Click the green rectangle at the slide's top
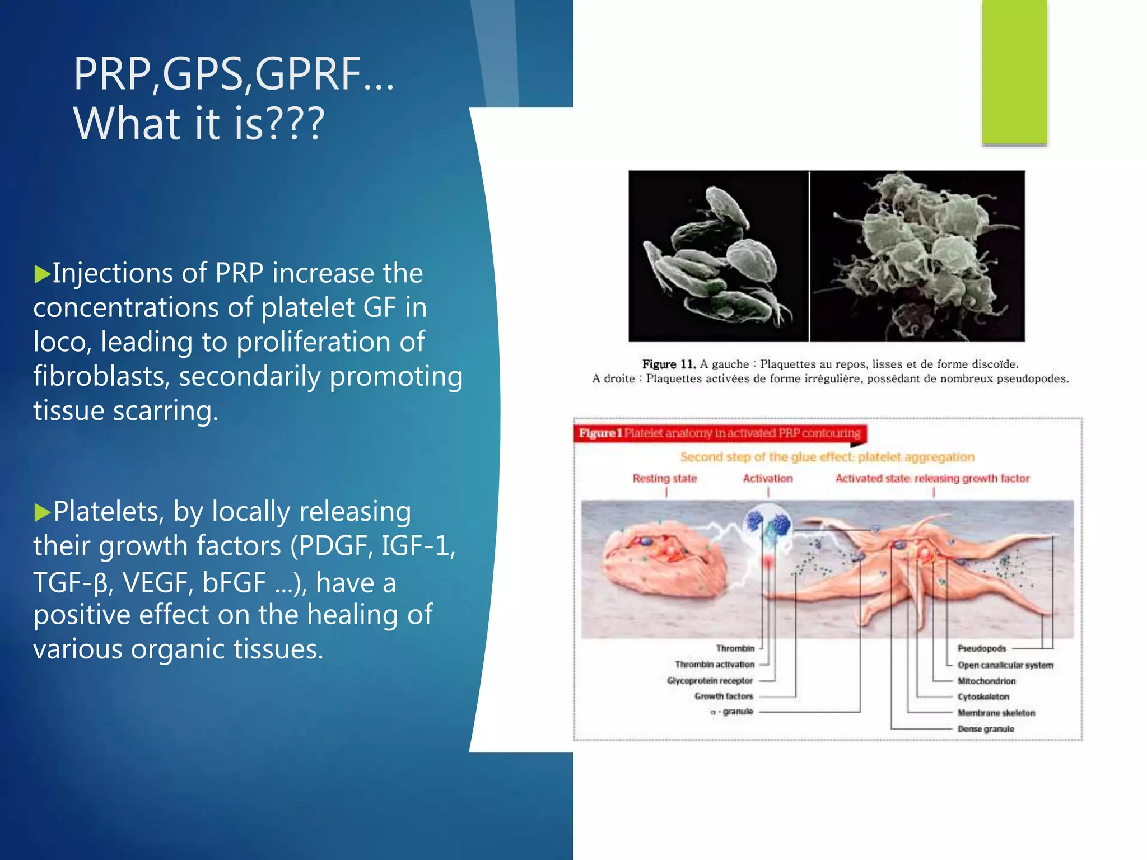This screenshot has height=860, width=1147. tap(1014, 72)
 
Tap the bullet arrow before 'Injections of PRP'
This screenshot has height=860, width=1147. tap(42, 274)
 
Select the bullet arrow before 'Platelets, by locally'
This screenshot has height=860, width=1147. tap(42, 512)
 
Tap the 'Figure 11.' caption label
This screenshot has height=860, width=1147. tap(669, 364)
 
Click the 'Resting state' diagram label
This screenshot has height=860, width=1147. tap(665, 479)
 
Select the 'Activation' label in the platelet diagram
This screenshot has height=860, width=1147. tap(768, 479)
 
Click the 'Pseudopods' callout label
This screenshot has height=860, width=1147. tap(982, 648)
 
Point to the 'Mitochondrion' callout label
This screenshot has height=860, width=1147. tap(986, 681)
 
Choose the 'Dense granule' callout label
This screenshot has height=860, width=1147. tap(986, 729)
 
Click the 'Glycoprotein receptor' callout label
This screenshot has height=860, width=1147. tap(710, 681)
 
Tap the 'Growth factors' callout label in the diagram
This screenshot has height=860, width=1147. tap(724, 697)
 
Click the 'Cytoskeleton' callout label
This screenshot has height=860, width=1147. tap(983, 697)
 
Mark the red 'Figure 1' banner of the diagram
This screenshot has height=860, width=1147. tap(719, 433)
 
